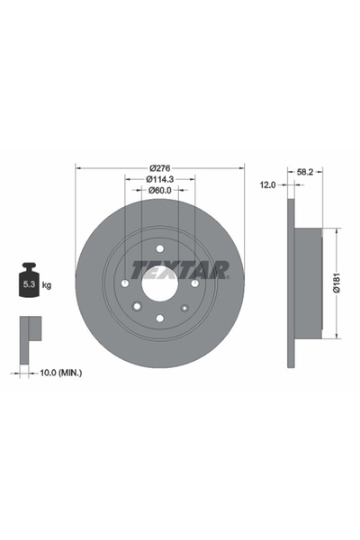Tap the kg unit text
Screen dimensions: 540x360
click(47, 285)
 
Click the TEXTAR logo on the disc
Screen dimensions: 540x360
click(180, 269)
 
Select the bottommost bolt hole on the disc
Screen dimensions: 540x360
click(159, 317)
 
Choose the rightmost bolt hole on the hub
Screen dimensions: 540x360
click(194, 282)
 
